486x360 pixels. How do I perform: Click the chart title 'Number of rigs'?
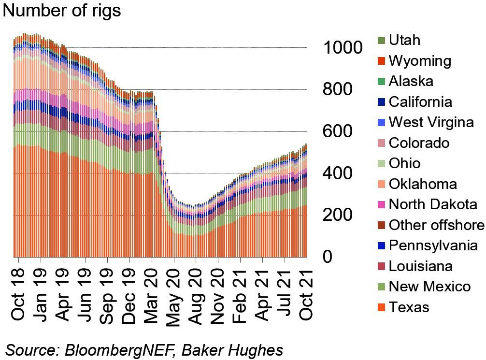pyautogui.click(x=62, y=11)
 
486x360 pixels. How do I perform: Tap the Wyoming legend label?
pyautogui.click(x=420, y=61)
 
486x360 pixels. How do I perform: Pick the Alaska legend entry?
pyautogui.click(x=411, y=81)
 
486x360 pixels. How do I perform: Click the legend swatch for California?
pyautogui.click(x=381, y=102)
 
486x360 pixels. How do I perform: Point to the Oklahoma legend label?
pyautogui.click(x=423, y=184)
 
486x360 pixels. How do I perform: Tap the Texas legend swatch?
pyautogui.click(x=381, y=307)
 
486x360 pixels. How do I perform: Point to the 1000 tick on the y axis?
pyautogui.click(x=343, y=48)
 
